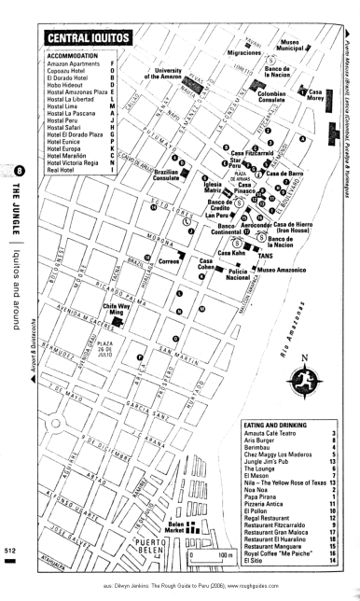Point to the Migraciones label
(232, 54)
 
